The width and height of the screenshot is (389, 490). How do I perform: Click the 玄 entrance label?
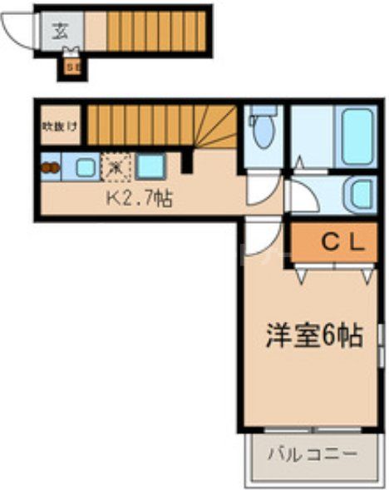point(60,32)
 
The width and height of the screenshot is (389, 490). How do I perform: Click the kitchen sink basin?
point(86,167)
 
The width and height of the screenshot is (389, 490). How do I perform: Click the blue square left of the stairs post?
point(150,166)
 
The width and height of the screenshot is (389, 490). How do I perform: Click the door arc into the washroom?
point(301,197)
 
